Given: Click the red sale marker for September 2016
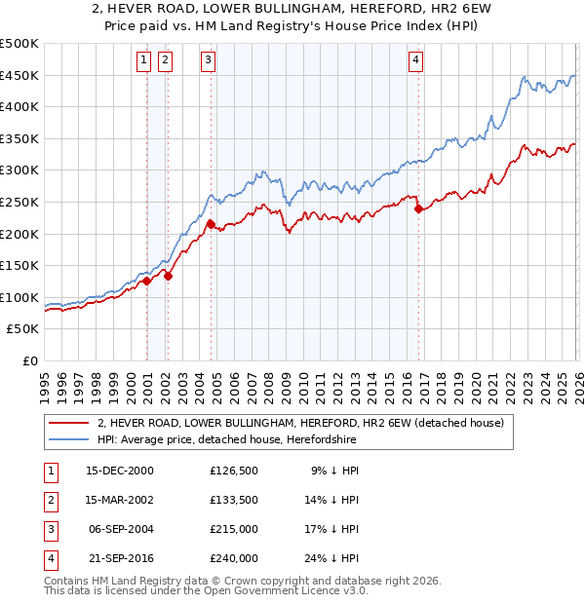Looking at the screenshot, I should [418, 208].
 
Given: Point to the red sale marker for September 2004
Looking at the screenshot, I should [211, 224].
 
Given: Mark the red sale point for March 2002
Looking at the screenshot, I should [168, 276].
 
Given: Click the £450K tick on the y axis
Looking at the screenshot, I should [19, 76].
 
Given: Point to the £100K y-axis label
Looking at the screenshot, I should [19, 297].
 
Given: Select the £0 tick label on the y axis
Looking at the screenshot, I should [30, 360].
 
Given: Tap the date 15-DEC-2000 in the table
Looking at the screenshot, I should [119, 470].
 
